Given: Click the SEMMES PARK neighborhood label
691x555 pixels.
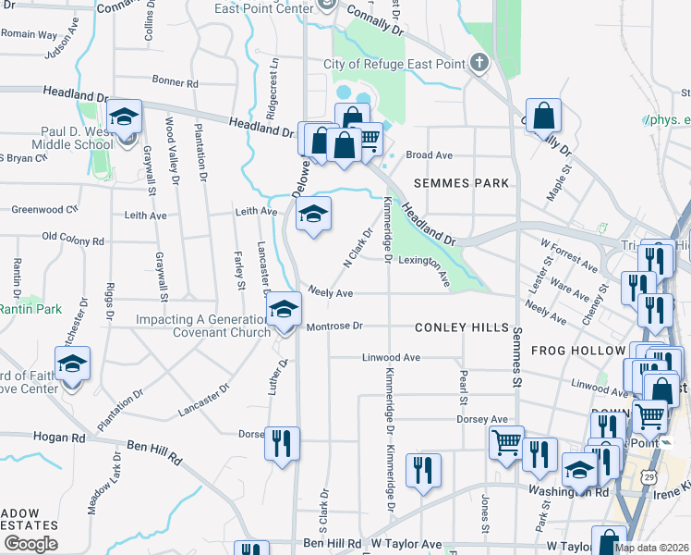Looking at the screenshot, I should (x=461, y=183).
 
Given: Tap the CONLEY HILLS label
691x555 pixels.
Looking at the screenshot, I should (x=462, y=327).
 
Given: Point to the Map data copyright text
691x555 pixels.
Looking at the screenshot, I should (x=651, y=548).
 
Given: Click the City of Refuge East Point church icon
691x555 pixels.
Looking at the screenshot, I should (x=479, y=63).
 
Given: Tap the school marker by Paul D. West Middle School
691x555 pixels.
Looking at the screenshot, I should (x=123, y=118).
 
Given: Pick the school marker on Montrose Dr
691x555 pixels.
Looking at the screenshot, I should (x=284, y=310).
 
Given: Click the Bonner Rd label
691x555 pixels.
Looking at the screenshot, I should (x=176, y=82).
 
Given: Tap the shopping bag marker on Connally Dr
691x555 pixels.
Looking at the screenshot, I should (x=545, y=117).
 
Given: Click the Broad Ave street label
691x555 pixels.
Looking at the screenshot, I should (x=430, y=155).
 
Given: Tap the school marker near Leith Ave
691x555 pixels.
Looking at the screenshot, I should (x=313, y=216).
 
